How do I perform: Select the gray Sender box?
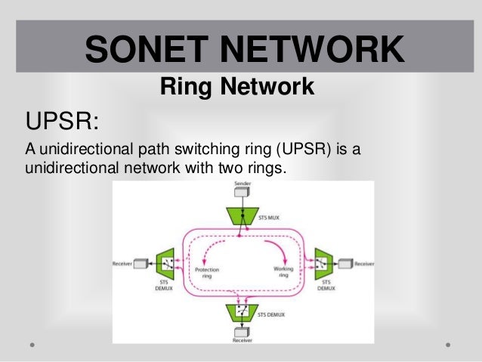pos(241,193)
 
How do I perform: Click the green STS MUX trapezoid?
pos(241,215)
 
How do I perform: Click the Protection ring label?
pos(207,272)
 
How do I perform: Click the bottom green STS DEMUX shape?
pos(241,311)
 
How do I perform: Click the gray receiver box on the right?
pos(345,264)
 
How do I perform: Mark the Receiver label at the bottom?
pos(242,341)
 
